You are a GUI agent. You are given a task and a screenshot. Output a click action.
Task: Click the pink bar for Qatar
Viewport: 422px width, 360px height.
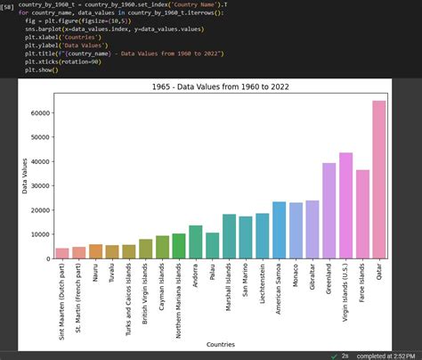[x=378, y=179]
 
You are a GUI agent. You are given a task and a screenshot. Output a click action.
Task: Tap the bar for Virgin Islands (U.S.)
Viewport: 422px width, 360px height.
[x=345, y=206]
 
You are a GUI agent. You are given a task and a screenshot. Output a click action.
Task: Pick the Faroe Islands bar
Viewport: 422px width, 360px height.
[x=362, y=215]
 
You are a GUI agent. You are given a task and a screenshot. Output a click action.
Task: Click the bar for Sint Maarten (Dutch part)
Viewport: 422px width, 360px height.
[x=62, y=253]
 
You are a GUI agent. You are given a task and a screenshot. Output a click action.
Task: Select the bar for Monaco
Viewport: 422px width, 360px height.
[x=296, y=232]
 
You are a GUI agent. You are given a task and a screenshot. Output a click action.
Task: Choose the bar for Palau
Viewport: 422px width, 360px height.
[x=212, y=246]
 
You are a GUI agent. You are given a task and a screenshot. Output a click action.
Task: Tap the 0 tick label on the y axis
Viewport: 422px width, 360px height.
[x=46, y=258]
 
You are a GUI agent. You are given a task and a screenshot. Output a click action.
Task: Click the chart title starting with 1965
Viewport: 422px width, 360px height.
[x=221, y=86]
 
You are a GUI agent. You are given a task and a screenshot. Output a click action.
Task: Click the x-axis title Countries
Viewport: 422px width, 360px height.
[x=220, y=343]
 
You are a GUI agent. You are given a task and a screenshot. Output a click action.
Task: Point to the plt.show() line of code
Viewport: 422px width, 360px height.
[x=42, y=70]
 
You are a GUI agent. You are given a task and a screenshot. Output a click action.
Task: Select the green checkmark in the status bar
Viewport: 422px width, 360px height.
[x=333, y=355]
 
